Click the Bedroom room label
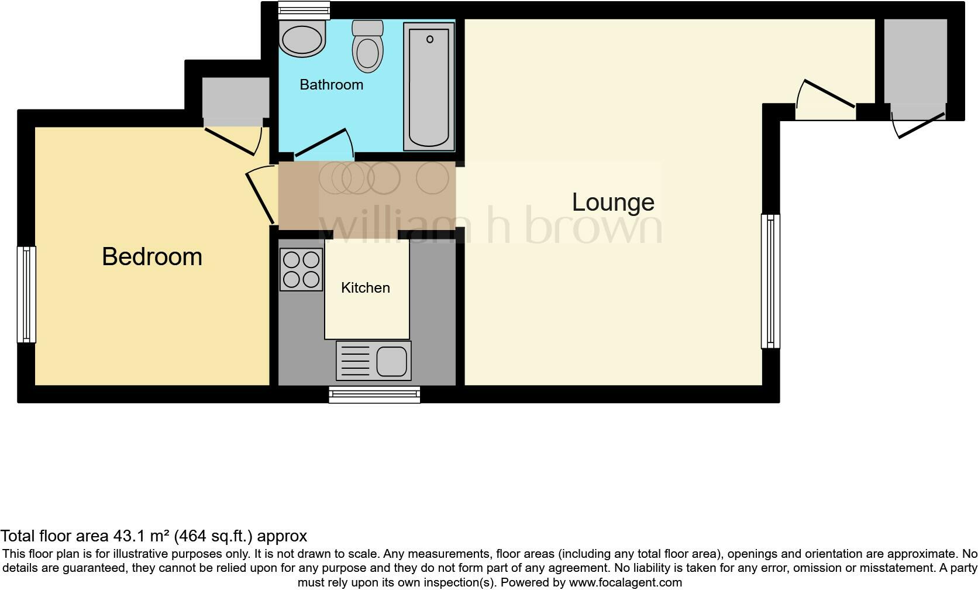point(152,257)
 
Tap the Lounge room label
point(613,203)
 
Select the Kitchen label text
point(365,288)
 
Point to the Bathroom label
point(331,85)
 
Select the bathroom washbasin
point(302,39)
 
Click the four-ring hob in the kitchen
point(301,270)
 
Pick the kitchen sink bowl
point(391,361)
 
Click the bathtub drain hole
point(430,40)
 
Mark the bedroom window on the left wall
point(26,294)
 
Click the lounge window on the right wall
point(770,282)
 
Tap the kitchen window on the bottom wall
point(374,395)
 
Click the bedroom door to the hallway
point(260,197)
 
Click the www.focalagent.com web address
point(625,582)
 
